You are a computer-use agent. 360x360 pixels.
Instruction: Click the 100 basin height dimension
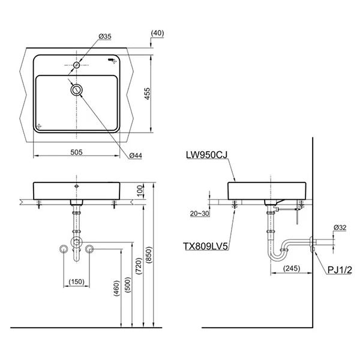[x=140, y=191]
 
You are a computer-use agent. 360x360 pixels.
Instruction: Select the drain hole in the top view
[x=76, y=90]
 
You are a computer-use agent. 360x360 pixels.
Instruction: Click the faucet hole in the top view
[x=76, y=64]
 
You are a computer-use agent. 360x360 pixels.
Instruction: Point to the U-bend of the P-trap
[x=276, y=258]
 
